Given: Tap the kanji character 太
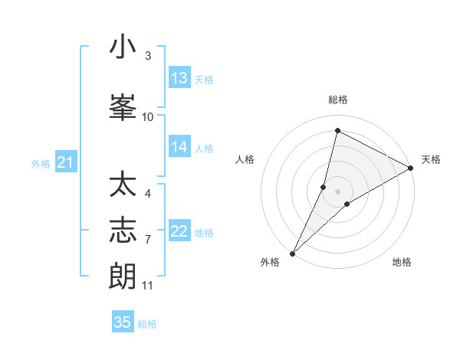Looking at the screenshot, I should click(x=123, y=185).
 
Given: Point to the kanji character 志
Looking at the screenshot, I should click(x=123, y=231).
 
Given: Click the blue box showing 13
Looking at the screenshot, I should click(x=179, y=78).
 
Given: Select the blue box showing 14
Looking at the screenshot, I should click(x=179, y=147).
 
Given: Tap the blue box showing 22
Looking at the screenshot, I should click(x=179, y=231).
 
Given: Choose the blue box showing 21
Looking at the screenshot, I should click(x=65, y=162).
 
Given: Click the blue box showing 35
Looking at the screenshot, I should click(x=123, y=322).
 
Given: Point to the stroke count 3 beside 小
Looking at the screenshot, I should click(x=148, y=56).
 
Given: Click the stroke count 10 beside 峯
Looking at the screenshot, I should click(x=148, y=116).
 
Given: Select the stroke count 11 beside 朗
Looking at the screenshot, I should click(x=148, y=286).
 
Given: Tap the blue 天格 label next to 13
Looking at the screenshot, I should click(x=204, y=80).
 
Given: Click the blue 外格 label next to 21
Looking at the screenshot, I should click(x=41, y=163).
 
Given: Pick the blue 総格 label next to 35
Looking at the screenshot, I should click(x=147, y=324).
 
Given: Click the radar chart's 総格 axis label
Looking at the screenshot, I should click(x=338, y=100).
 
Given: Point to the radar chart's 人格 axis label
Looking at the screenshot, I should click(x=245, y=159).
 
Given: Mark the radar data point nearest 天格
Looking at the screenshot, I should click(x=411, y=168).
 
